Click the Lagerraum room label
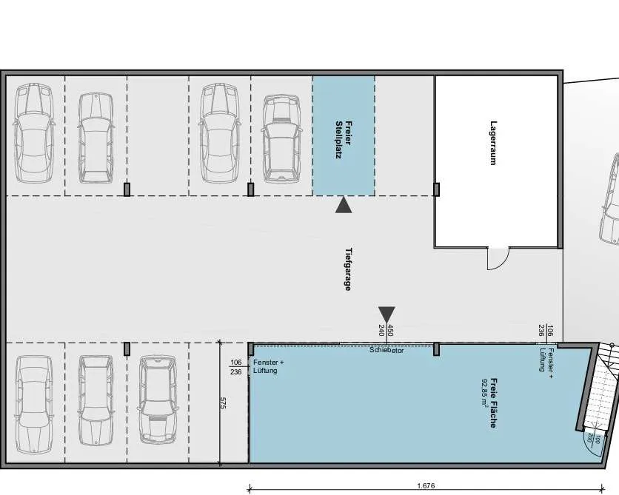[492, 143]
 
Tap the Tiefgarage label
[348, 269]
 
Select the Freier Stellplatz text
[344, 140]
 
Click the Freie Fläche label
[493, 403]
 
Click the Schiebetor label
[387, 350]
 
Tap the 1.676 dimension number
[426, 485]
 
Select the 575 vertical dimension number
[222, 403]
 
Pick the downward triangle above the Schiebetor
[387, 314]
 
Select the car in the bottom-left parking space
[34, 405]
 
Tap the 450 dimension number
[390, 330]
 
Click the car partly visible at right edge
[610, 199]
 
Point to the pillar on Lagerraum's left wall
[436, 189]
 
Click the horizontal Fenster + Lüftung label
[269, 366]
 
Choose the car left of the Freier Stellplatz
[281, 139]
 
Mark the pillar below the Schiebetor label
[436, 349]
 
